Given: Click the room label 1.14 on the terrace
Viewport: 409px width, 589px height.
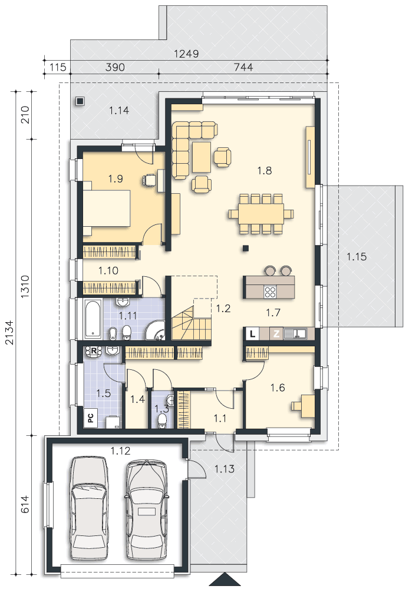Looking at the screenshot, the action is (x=119, y=111).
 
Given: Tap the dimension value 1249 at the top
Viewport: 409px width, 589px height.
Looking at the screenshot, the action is (x=186, y=54).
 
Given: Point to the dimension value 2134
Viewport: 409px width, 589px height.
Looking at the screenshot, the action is (x=11, y=332).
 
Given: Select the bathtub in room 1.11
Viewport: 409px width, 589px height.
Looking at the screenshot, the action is (x=92, y=318).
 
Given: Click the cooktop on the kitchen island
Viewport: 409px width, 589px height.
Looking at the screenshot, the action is (x=270, y=292).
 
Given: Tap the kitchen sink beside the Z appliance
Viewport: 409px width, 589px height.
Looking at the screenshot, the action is (x=295, y=333).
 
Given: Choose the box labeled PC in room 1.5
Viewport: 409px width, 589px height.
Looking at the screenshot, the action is (x=91, y=418).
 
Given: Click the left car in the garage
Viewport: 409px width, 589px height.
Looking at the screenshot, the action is (x=89, y=508).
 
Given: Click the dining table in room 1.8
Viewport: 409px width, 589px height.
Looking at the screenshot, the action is (x=260, y=213).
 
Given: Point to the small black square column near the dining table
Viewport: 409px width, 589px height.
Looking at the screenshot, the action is (x=246, y=248).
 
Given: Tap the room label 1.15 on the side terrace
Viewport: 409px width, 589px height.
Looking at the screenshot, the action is (x=357, y=257).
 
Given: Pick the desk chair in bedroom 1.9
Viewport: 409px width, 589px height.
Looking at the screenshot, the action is (x=149, y=180).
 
